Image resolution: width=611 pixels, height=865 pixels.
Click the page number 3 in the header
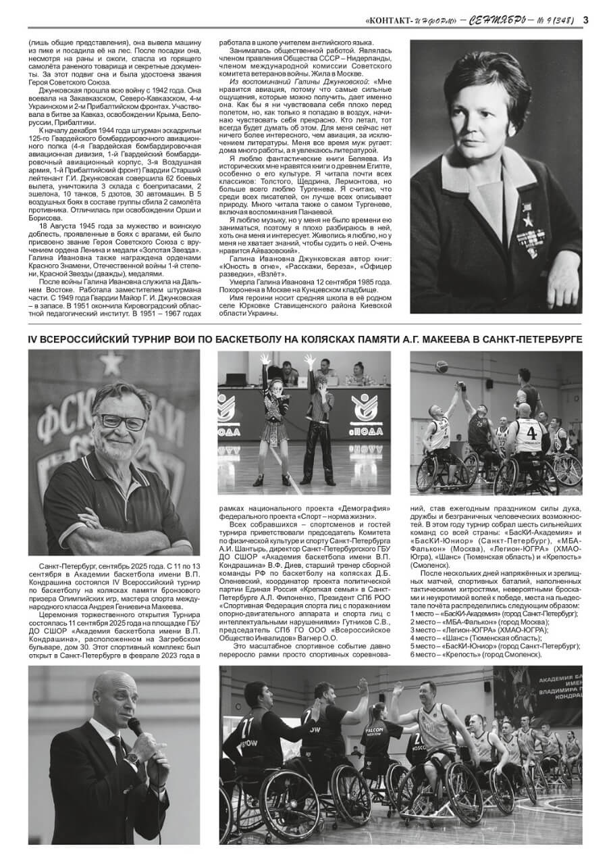[585, 20]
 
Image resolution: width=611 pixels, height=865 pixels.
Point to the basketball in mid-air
[443, 367]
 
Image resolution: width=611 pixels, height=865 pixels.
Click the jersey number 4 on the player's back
[532, 430]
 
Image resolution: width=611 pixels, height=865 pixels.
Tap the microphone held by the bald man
[135, 726]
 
